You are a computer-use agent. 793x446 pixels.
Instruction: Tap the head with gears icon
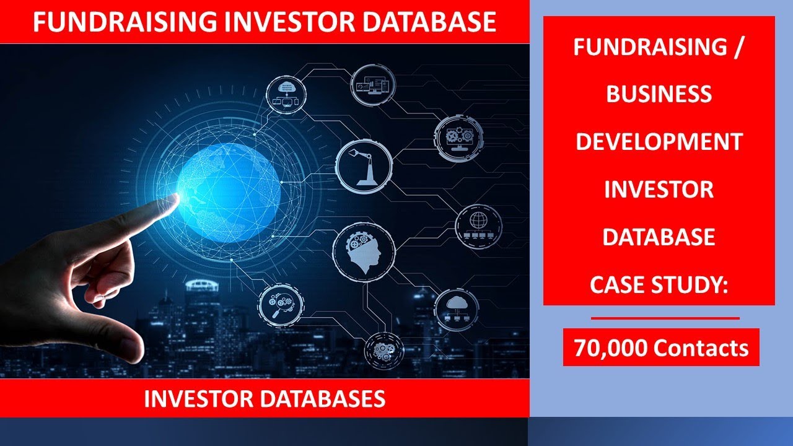(x=364, y=248)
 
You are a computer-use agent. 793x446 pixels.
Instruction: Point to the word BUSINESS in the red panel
(x=659, y=94)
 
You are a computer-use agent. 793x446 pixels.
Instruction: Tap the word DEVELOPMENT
(x=659, y=142)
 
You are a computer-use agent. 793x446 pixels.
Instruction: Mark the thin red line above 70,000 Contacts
(x=665, y=318)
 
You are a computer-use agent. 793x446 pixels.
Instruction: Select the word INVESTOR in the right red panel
(x=659, y=190)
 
